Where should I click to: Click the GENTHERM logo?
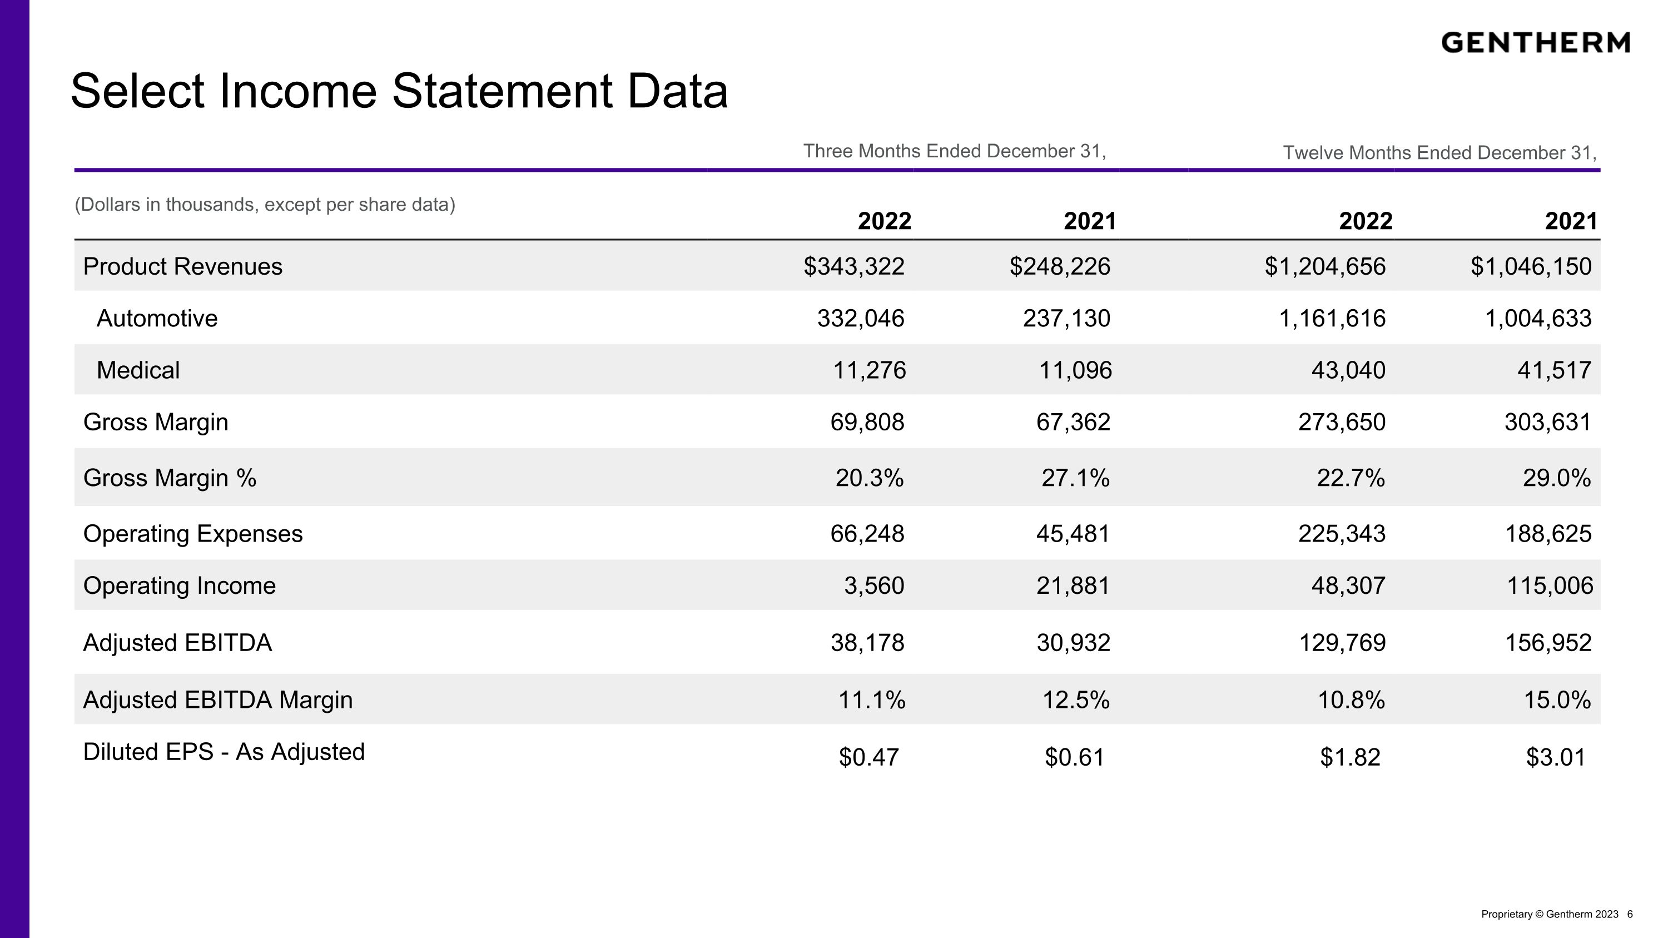pos(1535,43)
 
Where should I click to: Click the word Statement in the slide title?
pos(502,91)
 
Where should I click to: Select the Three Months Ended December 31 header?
pos(955,151)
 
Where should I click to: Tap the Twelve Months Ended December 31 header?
pos(1440,153)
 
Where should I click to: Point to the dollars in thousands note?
pos(265,205)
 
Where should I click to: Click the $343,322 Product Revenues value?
pos(853,266)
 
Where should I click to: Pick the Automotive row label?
pos(157,319)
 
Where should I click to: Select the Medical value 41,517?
pos(1554,370)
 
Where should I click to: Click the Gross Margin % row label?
pos(170,478)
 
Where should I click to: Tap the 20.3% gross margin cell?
pos(869,478)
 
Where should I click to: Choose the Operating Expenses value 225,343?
pos(1342,533)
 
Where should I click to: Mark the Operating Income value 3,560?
pos(874,585)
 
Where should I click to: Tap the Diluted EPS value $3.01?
pos(1555,757)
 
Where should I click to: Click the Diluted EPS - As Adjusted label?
pos(224,752)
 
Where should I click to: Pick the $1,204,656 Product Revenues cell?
pos(1325,266)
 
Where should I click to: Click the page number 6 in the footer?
pos(1629,914)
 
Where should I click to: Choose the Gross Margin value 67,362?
pos(1073,422)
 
